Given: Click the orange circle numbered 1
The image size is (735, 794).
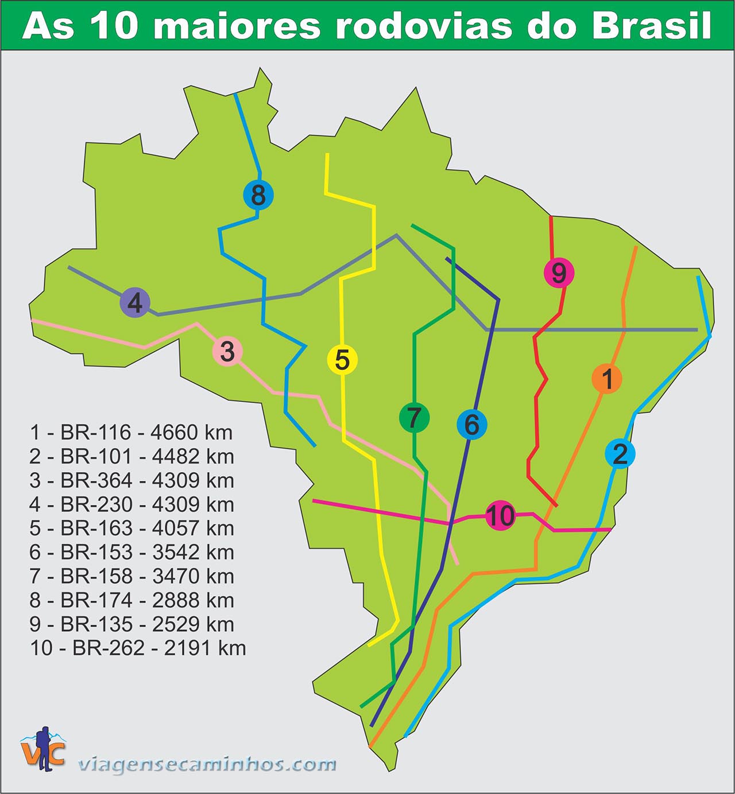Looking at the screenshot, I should point(607,379).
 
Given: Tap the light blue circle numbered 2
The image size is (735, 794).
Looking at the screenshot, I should point(620,454).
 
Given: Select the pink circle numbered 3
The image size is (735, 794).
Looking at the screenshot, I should point(227,352).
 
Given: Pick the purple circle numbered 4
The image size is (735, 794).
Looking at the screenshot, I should point(135,302).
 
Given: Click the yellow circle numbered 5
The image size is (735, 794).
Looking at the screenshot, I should point(342,360).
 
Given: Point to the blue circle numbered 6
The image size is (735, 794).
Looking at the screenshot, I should point(471,425).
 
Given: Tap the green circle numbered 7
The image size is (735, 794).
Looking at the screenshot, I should point(414,418).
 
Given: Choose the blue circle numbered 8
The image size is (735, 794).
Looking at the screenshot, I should point(258,195).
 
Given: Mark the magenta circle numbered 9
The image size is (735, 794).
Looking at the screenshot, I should point(559,273).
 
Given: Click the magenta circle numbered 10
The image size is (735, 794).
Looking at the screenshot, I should point(500,515).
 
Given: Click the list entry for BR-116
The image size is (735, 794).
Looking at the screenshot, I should point(131,432).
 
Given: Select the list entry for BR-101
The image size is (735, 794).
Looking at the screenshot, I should point(131,456).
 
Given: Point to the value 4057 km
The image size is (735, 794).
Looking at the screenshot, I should point(193,528).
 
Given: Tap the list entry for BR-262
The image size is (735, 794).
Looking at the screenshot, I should point(138,648).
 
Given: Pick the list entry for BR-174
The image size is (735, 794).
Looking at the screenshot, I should point(131,600).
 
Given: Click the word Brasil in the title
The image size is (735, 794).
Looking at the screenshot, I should point(652,25).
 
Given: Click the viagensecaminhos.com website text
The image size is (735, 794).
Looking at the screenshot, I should point(207,764).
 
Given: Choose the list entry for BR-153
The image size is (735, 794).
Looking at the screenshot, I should point(131,552).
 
